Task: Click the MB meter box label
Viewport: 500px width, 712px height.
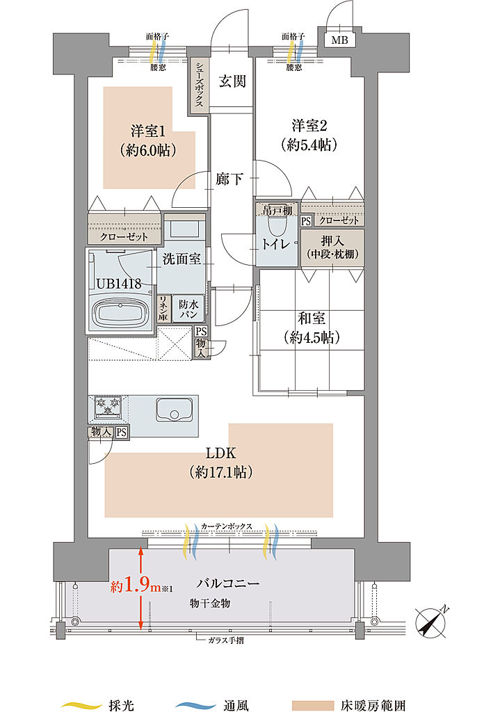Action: pos(339,40)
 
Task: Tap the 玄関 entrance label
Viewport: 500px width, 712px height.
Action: pos(232,81)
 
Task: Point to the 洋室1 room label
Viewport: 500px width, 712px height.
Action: pos(148,131)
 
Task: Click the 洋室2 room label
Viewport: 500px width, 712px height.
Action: pos(309,125)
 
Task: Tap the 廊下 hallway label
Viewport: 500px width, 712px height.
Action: pos(229,179)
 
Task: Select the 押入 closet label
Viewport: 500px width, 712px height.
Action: pos(332,240)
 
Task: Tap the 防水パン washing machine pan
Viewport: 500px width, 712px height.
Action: pos(188,309)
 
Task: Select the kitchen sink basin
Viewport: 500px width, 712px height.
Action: pos(175,410)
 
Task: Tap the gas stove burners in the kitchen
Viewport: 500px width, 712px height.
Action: pos(108,406)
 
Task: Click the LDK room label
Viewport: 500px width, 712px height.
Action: pos(220,453)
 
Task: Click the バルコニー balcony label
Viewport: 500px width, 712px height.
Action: pos(228,583)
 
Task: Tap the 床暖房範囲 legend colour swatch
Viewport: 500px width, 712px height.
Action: pos(312,705)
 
